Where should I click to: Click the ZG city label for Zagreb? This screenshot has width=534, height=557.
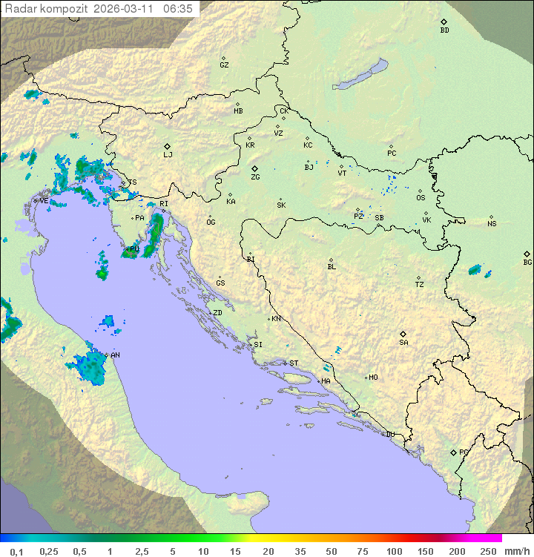coord(255,177)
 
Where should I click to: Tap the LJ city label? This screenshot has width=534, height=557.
coord(168,155)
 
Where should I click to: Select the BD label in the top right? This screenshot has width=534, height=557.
coord(444,30)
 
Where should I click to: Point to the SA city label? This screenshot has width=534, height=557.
coord(403,343)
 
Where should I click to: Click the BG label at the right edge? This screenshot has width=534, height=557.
coord(527,262)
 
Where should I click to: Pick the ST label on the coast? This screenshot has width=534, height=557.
coord(294,363)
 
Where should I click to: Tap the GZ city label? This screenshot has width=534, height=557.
coord(224,65)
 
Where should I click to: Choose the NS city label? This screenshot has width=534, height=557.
coord(492,224)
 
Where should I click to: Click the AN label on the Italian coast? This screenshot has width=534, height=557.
coord(115,355)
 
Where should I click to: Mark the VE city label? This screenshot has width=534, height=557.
coord(44,201)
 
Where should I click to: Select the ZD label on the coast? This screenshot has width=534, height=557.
coord(217,313)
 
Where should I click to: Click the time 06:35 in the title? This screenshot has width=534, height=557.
coord(178,9)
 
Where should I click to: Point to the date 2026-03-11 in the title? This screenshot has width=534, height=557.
coord(126,9)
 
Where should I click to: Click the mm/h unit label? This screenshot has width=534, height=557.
coord(516,551)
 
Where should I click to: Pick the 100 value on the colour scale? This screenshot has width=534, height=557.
coord(394,551)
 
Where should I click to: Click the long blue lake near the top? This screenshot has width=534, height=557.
coord(360,74)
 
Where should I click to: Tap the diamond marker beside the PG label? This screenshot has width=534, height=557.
coord(453,452)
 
